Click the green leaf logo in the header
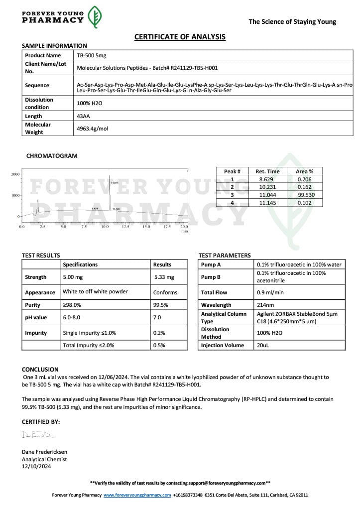point(95,17)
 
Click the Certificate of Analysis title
point(180,37)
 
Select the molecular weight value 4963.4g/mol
point(92,128)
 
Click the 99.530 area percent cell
point(306,195)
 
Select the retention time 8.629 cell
point(266,179)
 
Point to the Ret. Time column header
point(267,171)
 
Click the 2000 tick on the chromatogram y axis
point(15,174)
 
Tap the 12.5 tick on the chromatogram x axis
point(125,227)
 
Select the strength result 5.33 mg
point(164,277)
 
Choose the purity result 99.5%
point(160,305)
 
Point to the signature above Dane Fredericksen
point(37,435)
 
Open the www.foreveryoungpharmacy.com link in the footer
point(137,495)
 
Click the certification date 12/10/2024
point(36,466)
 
